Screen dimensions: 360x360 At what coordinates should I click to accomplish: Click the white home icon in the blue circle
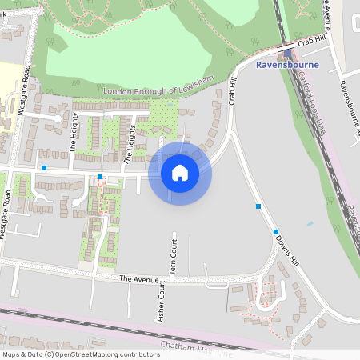(180, 172)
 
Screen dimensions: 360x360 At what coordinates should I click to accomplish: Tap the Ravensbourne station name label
(287, 65)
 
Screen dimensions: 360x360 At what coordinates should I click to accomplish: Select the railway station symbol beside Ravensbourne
(287, 54)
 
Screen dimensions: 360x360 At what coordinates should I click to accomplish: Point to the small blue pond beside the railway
(310, 223)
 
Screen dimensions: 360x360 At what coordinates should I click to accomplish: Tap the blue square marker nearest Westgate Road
(44, 169)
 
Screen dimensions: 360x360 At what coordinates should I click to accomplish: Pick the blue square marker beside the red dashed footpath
(100, 176)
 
